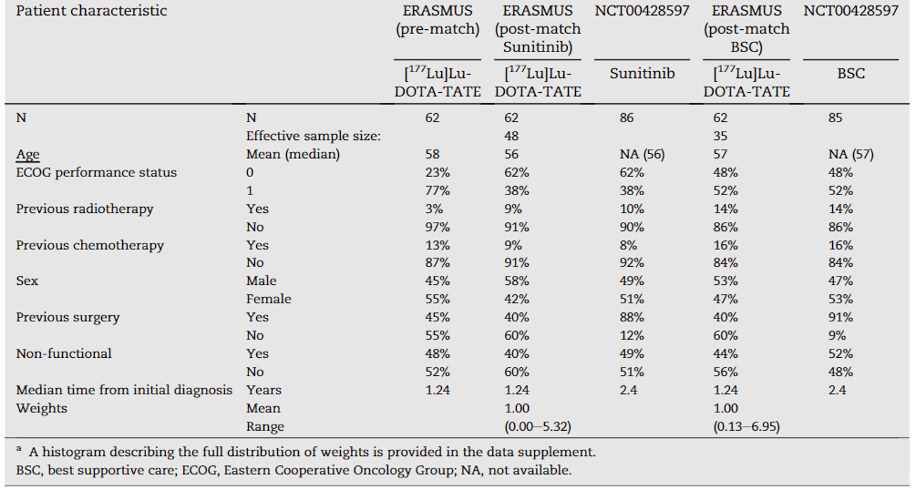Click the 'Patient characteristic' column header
(91, 11)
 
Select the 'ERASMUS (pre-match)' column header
(437, 20)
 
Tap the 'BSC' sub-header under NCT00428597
(850, 74)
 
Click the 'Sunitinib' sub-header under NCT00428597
(642, 74)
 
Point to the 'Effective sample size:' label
(313, 136)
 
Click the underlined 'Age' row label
(28, 154)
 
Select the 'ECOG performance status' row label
(96, 172)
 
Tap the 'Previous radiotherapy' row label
(84, 209)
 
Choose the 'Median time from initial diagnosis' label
(124, 390)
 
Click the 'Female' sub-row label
(268, 299)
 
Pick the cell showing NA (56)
(642, 154)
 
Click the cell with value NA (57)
(850, 154)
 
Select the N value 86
(626, 118)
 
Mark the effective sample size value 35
(720, 136)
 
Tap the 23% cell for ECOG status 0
(437, 172)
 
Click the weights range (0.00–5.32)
(537, 427)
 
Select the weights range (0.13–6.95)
(746, 427)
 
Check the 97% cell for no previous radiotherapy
(437, 227)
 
